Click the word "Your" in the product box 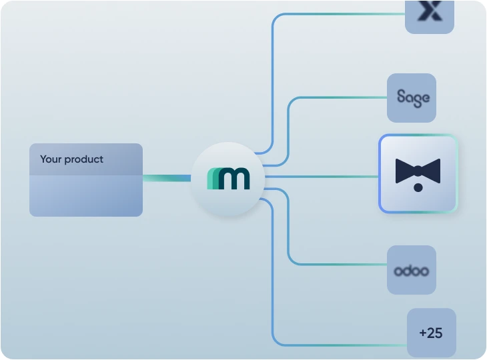(x=51, y=159)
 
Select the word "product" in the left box (x=84, y=160)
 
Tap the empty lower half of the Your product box (x=85, y=196)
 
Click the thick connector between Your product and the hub (x=167, y=178)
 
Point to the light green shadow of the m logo (x=211, y=179)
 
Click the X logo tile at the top (x=430, y=13)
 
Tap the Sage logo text (x=412, y=97)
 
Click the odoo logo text (x=411, y=271)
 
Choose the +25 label (x=431, y=333)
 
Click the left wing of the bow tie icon (x=405, y=171)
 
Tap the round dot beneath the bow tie (x=418, y=188)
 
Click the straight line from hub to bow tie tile (x=320, y=177)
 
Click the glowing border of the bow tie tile (x=380, y=174)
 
